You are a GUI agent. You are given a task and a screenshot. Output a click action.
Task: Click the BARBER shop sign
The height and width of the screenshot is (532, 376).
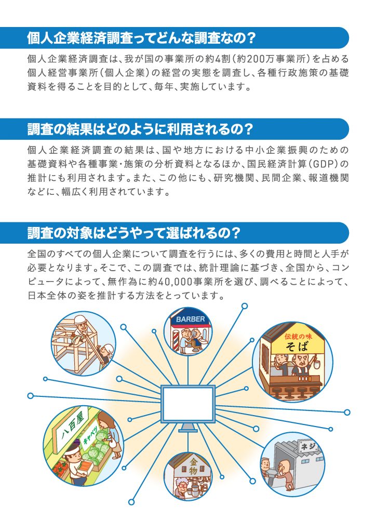tap(191, 320)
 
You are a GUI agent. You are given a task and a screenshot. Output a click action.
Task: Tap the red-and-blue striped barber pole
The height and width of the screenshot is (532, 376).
tap(176, 338)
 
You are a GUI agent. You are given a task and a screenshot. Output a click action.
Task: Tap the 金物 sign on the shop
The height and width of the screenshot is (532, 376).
tap(193, 466)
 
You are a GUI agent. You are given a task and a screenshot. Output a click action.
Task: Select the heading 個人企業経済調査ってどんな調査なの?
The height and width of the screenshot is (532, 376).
tap(141, 38)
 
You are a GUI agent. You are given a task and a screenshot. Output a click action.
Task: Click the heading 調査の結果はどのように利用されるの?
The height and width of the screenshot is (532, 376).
tap(140, 129)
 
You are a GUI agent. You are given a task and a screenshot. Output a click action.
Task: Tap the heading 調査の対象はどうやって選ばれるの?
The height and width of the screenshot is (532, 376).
tap(134, 233)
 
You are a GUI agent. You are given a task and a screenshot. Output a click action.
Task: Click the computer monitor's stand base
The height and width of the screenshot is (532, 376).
tap(187, 430)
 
